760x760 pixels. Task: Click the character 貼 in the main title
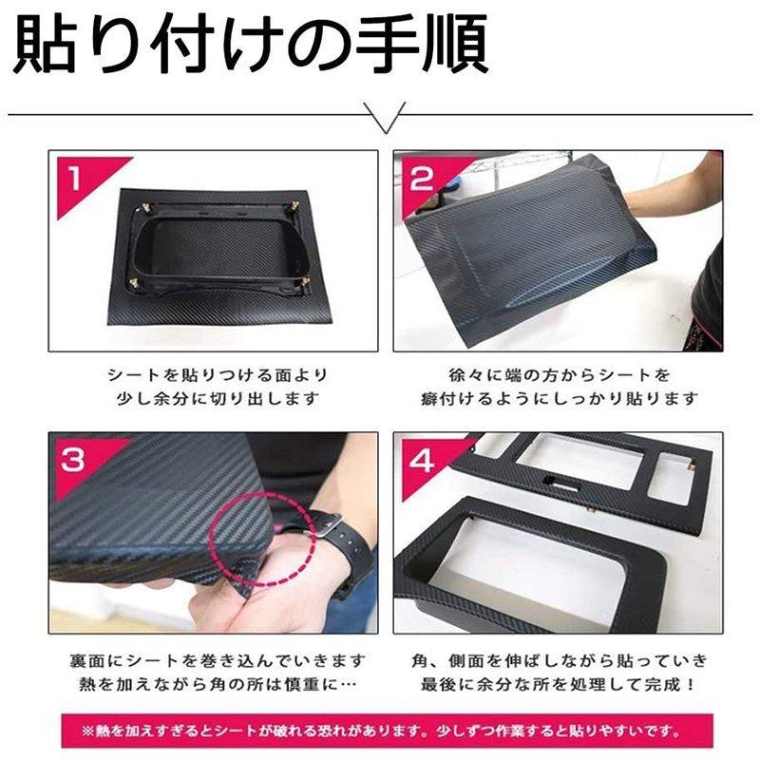pyautogui.click(x=45, y=45)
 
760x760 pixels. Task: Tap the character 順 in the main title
pyautogui.click(x=456, y=45)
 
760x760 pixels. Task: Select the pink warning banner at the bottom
pyautogui.click(x=388, y=731)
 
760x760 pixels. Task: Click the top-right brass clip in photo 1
pyautogui.click(x=294, y=207)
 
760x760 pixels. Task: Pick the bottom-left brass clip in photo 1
pyautogui.click(x=132, y=282)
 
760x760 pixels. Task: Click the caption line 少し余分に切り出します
pyautogui.click(x=218, y=399)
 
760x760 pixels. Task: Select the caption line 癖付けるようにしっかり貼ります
pyautogui.click(x=559, y=399)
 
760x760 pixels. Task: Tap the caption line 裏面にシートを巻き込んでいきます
pyautogui.click(x=218, y=660)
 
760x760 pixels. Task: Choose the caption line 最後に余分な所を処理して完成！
pyautogui.click(x=559, y=685)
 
